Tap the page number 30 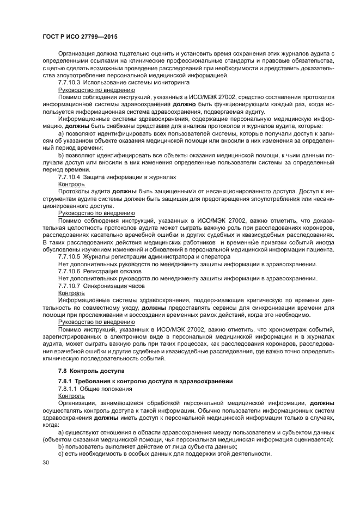tap(46, 462)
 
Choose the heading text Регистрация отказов tap(112, 271)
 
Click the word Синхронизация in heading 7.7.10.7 tap(106, 285)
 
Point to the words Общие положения tap(100, 389)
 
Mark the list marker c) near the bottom tap(60, 454)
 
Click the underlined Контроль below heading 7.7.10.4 tap(71, 185)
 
